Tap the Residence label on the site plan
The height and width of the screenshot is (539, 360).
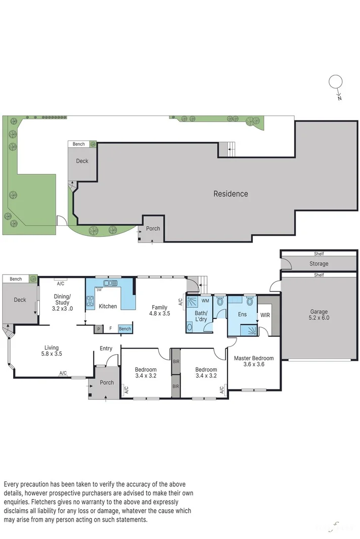(x=231, y=193)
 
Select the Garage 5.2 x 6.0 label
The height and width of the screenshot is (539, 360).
(x=319, y=315)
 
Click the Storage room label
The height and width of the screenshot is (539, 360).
(x=319, y=264)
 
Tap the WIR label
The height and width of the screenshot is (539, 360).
(x=265, y=316)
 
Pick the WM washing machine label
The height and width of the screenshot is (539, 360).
(x=205, y=301)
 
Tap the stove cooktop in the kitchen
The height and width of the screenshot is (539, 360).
(x=91, y=302)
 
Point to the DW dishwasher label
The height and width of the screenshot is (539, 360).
(x=100, y=290)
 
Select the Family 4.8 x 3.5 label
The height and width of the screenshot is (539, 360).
(x=160, y=310)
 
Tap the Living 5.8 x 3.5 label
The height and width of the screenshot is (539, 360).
(x=51, y=351)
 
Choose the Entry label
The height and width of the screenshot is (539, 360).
(x=106, y=348)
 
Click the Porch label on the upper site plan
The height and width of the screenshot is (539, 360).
(x=153, y=228)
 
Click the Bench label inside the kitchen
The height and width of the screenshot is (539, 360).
(x=124, y=329)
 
